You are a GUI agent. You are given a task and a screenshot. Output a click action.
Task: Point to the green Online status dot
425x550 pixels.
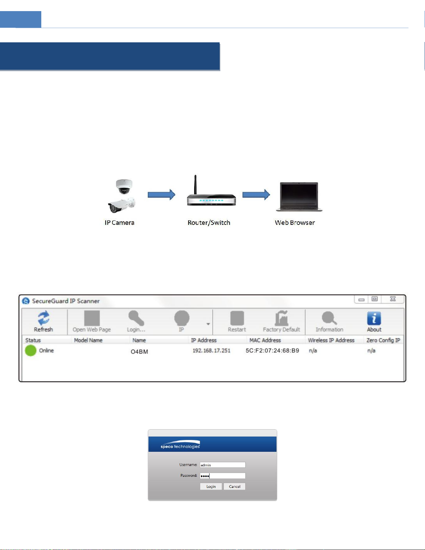[x=31, y=350]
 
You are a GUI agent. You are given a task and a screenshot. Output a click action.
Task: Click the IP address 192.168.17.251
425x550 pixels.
[x=211, y=351]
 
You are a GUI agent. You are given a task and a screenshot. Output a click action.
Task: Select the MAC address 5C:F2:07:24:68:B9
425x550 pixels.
[x=272, y=351]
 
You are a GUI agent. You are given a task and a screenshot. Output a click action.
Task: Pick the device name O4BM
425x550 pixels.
[x=139, y=352]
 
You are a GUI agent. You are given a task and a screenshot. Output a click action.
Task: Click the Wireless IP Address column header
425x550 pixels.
[x=331, y=340]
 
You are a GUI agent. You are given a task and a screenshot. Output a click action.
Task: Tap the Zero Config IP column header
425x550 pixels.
[x=383, y=340]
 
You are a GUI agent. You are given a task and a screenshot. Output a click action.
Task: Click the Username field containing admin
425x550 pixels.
[x=222, y=465]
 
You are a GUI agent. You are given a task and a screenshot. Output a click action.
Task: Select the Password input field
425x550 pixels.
[x=222, y=476]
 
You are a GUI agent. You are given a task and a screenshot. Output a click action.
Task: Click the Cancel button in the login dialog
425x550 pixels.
[x=235, y=486]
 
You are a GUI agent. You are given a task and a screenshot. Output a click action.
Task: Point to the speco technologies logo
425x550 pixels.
[x=180, y=445]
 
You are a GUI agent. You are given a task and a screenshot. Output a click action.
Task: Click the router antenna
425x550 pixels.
[x=195, y=184]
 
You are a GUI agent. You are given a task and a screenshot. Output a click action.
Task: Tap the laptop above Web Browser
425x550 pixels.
[x=299, y=196]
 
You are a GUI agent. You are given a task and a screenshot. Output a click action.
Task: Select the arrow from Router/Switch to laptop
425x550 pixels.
[x=256, y=195]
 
